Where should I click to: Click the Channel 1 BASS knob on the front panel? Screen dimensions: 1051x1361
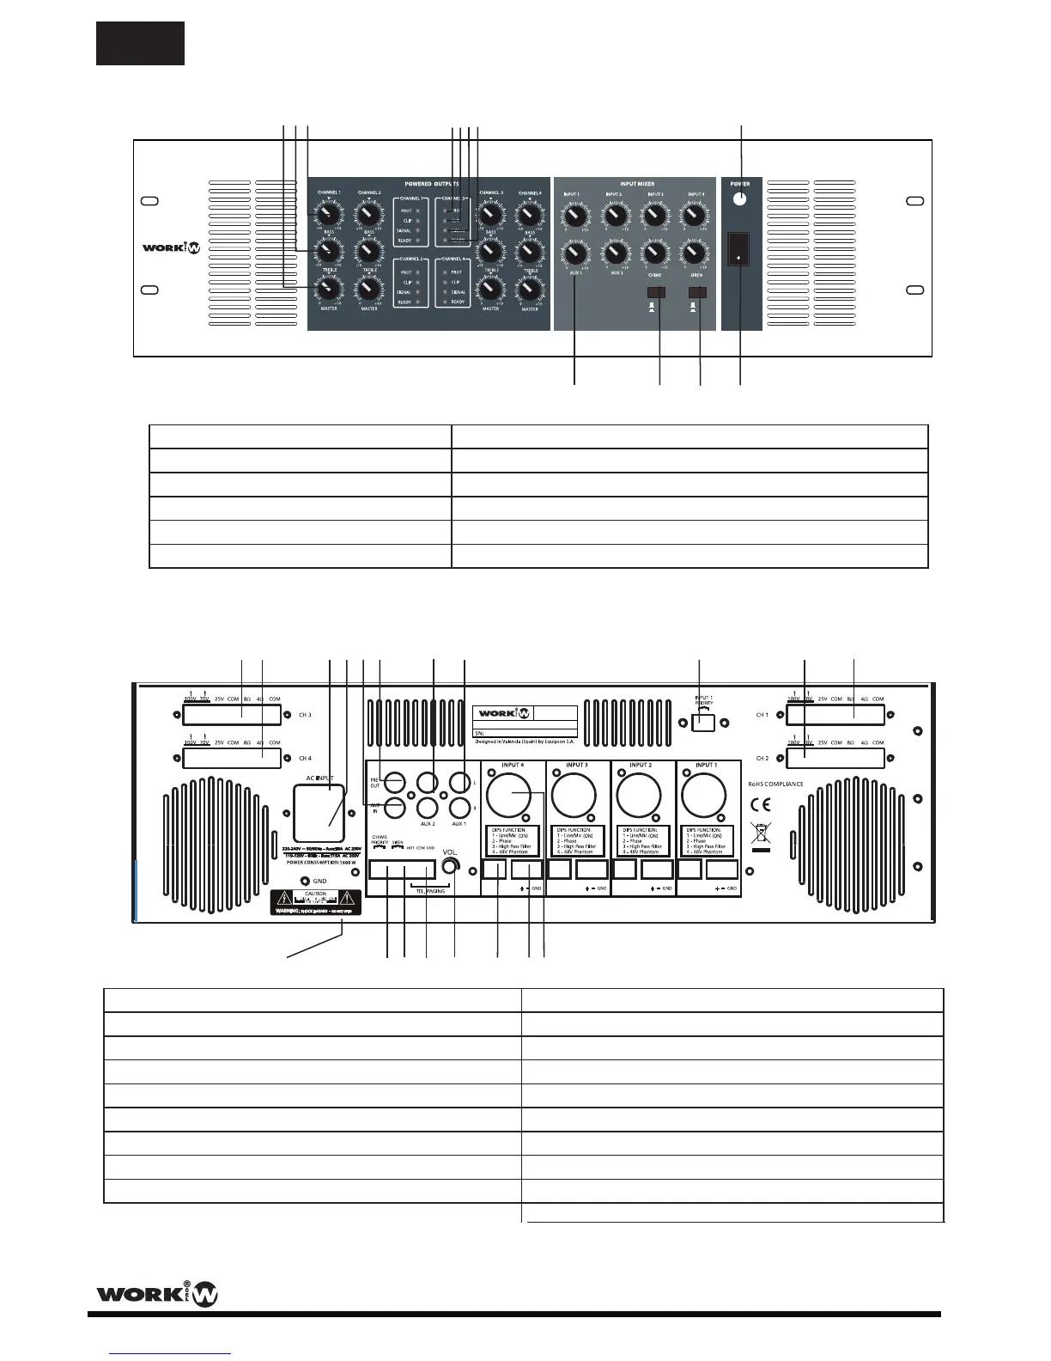(x=327, y=215)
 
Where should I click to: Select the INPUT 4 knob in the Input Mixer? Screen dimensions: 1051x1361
(x=694, y=213)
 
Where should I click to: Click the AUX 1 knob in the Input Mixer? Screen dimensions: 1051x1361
(x=575, y=255)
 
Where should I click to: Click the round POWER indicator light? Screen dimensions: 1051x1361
(x=740, y=200)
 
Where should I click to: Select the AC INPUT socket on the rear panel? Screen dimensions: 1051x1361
(x=319, y=812)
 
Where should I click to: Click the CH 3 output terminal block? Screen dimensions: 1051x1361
(x=232, y=715)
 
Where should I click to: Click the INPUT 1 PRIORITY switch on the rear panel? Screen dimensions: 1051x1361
(x=703, y=723)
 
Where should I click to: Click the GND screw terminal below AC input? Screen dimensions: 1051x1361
(x=306, y=881)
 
